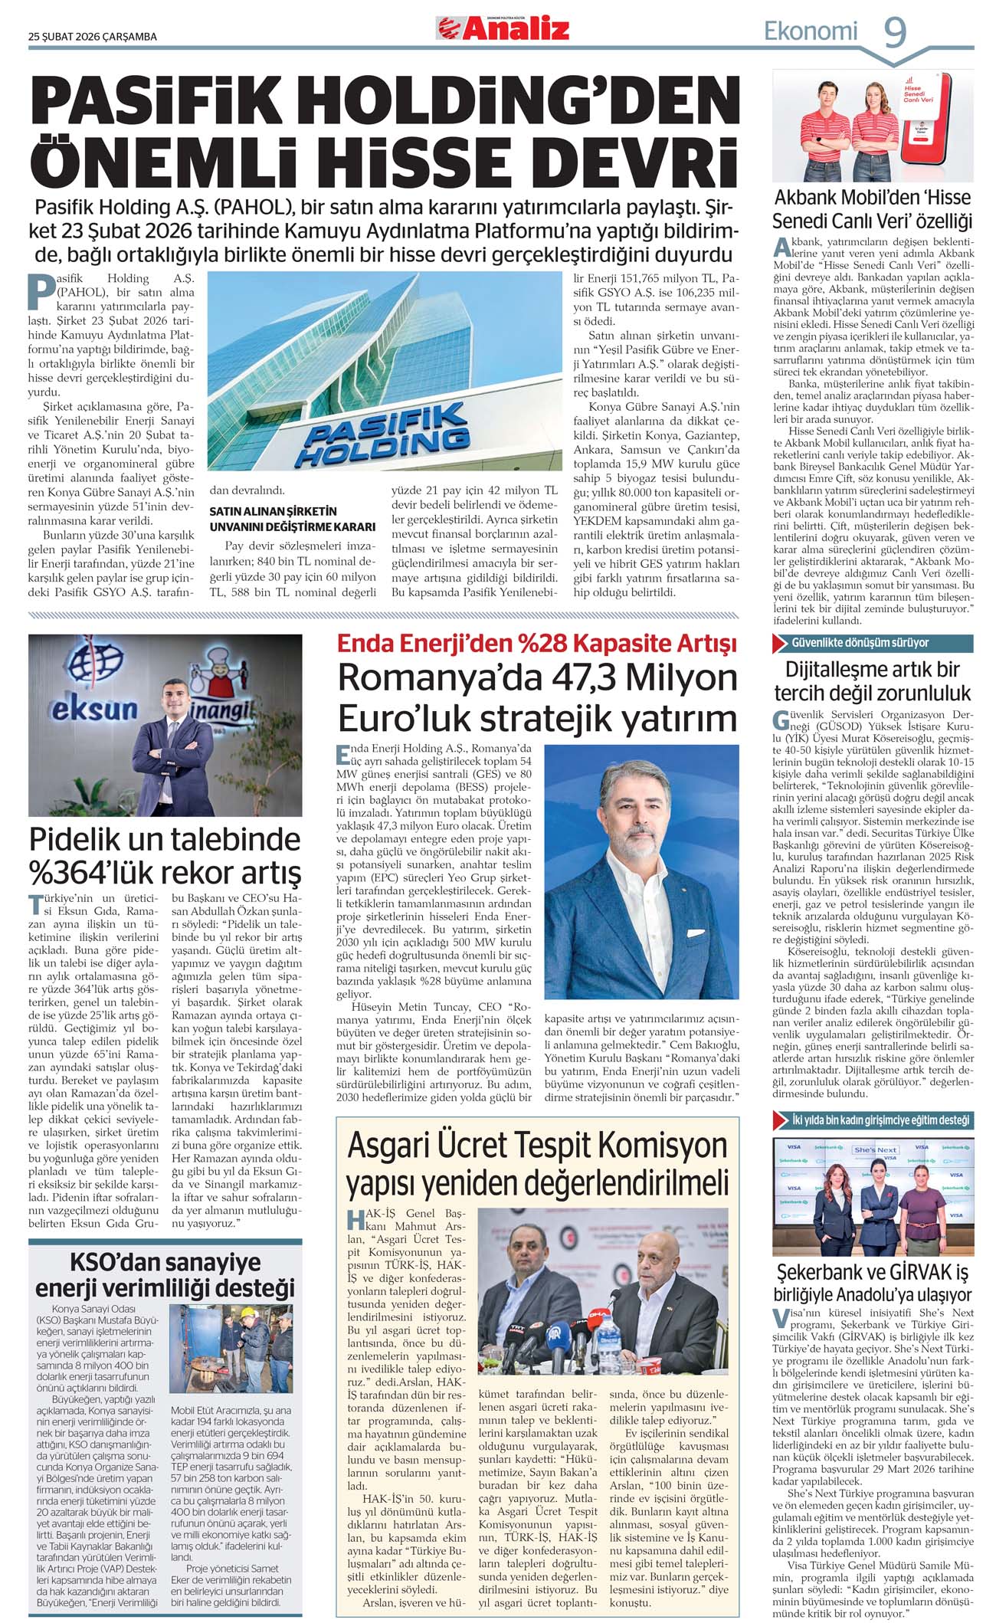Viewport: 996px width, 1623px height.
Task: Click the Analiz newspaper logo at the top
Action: (x=503, y=28)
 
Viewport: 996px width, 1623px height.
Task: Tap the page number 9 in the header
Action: (x=896, y=33)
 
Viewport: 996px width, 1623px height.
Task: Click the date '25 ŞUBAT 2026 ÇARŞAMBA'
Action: (x=93, y=37)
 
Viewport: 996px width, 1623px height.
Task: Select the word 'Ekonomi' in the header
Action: (x=811, y=31)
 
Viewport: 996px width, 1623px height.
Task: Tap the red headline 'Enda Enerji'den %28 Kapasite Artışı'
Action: (x=537, y=642)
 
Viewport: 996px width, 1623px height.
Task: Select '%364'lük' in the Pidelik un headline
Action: (x=93, y=872)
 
